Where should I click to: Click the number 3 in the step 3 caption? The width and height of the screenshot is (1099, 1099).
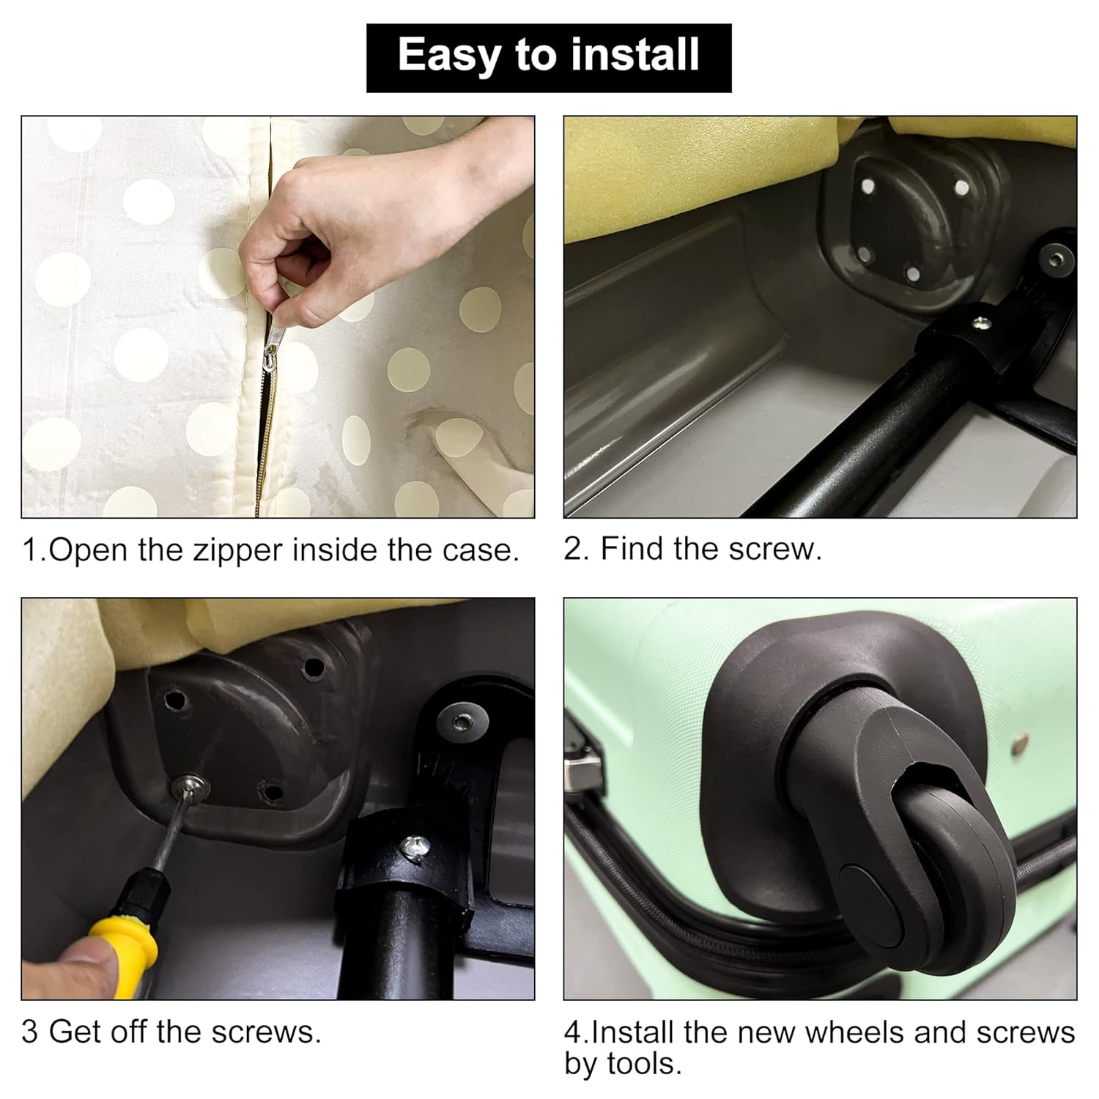[x=30, y=1032]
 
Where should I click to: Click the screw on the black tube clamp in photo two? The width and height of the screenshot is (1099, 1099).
[x=980, y=321]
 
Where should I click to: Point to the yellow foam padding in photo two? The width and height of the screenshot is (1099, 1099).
[x=703, y=176]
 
